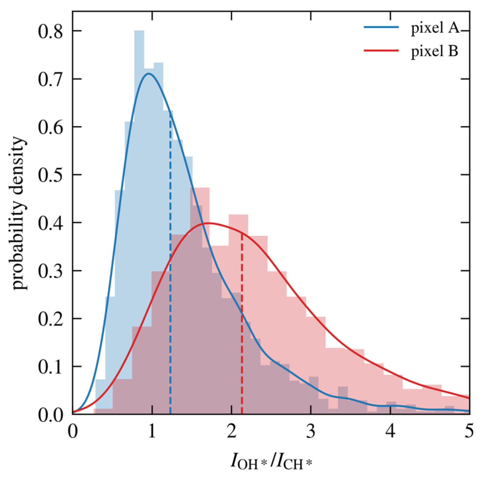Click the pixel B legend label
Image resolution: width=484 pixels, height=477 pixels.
434,51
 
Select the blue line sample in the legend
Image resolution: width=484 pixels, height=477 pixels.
381,27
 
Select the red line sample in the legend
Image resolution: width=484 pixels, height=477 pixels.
381,50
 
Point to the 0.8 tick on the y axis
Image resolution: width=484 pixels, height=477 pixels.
50,31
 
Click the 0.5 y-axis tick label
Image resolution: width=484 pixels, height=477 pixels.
50,175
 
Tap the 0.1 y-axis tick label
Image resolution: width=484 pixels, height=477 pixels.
50,367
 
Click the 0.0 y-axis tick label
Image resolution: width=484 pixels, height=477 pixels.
50,415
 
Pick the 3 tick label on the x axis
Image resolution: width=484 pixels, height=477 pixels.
311,431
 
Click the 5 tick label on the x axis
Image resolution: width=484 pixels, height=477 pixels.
469,431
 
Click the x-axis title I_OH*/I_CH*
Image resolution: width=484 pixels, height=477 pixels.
271,462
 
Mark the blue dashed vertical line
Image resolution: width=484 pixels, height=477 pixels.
170,262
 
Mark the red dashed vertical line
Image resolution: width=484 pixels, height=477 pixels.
242,324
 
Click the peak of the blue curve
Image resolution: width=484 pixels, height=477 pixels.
149,73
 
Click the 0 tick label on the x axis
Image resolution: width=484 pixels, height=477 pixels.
73,431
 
